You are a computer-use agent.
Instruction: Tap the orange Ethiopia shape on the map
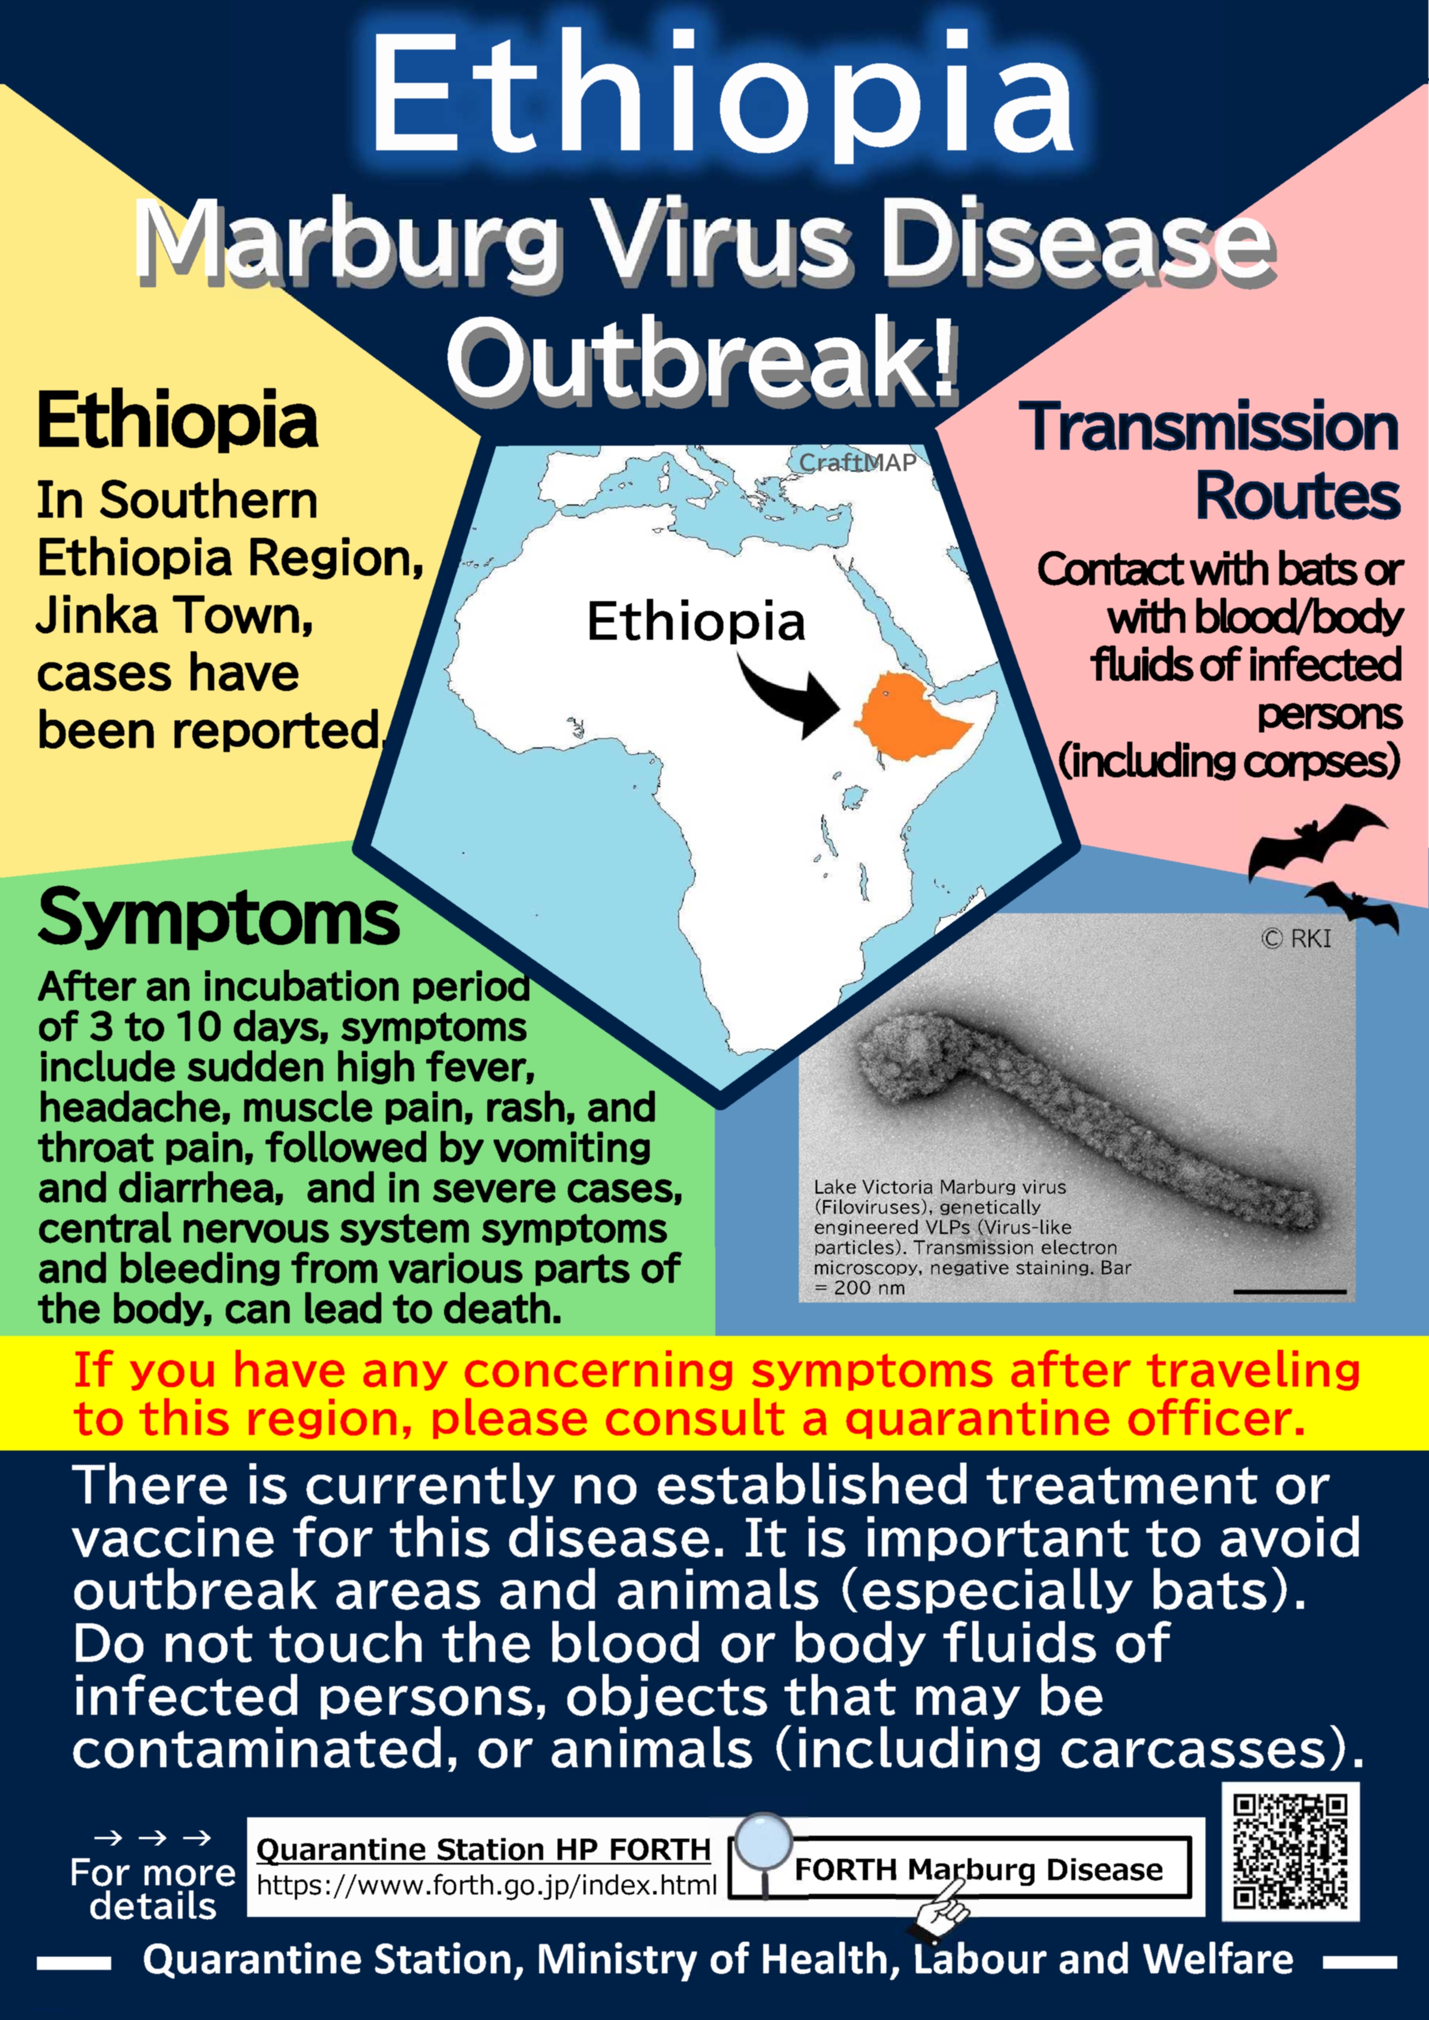(x=911, y=715)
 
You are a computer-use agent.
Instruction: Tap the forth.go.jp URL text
(x=487, y=1885)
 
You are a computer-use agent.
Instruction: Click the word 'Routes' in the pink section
(x=1297, y=496)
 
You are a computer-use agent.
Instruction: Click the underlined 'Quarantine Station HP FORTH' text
(x=483, y=1850)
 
